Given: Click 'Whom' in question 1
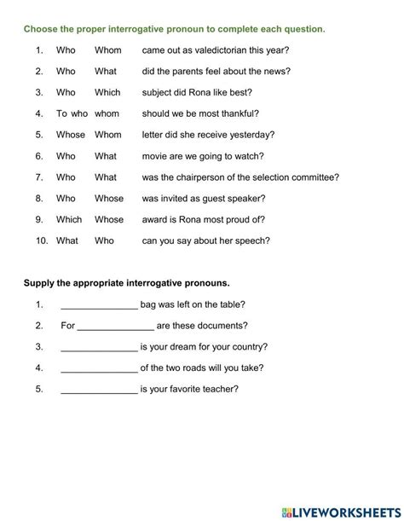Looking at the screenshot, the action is [107, 50].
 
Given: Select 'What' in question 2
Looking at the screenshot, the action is [106, 72].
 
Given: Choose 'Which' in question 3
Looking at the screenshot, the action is [107, 92].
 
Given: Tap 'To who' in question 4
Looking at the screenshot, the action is [72, 113].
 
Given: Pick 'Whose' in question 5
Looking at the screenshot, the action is [71, 135].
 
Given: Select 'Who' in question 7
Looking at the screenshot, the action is [66, 177].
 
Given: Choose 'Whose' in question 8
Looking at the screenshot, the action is [109, 199].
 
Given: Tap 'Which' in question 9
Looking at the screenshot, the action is [69, 219].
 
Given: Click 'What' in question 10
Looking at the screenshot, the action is [66, 240].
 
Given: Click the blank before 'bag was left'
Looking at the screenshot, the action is [99, 304].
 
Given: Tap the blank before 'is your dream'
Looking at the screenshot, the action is [99, 347].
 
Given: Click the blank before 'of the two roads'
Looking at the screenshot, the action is [99, 368].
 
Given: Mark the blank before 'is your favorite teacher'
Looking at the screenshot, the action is [99, 390].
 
